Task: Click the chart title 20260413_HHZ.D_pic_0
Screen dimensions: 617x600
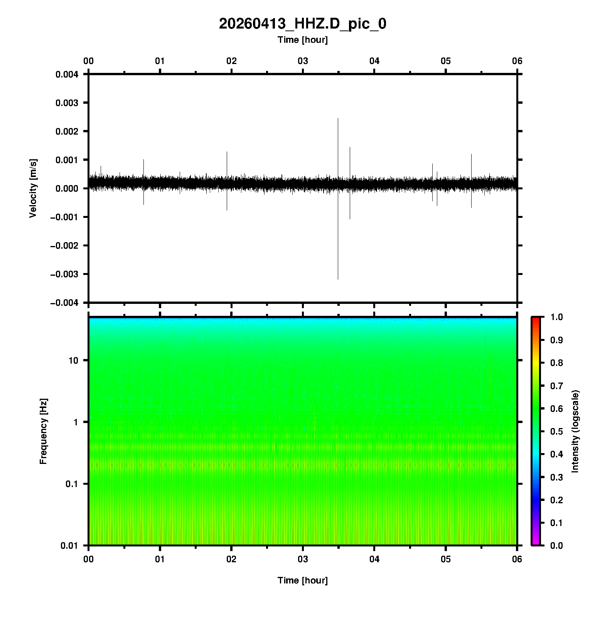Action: (302, 24)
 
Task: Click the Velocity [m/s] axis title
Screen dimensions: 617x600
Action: (33, 188)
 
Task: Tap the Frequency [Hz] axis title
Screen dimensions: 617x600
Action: (43, 431)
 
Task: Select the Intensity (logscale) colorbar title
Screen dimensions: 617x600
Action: (575, 431)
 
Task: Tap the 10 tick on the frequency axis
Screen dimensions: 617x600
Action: (73, 361)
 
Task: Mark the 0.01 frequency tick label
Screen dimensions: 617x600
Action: (69, 546)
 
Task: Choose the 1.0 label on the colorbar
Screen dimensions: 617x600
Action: (557, 317)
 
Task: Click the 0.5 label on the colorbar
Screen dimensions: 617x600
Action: (557, 432)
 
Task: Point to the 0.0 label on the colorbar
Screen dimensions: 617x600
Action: (557, 546)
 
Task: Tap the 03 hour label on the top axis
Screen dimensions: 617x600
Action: (303, 61)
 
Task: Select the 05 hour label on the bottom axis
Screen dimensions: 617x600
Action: (446, 559)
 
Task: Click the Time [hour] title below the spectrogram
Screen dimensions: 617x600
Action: (302, 580)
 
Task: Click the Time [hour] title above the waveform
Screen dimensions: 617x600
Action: (302, 40)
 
